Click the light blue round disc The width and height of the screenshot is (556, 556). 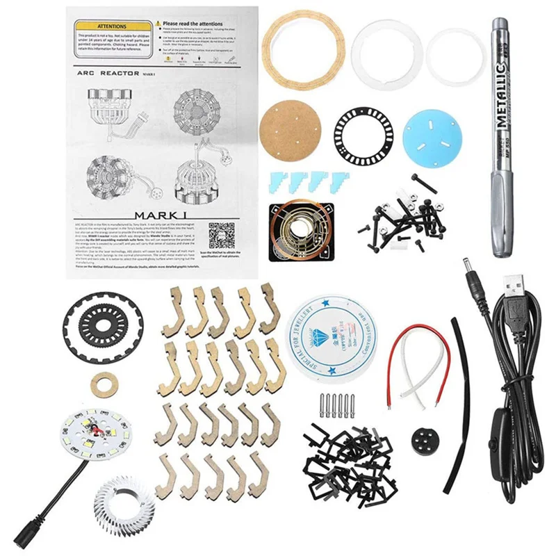click(432, 137)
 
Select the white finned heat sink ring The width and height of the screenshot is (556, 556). click(124, 501)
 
